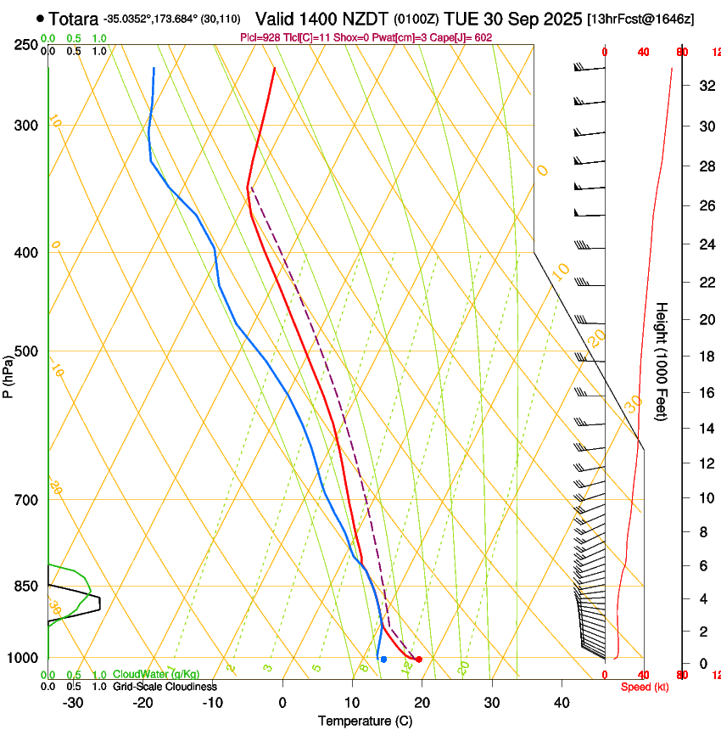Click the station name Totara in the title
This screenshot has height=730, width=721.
click(x=74, y=19)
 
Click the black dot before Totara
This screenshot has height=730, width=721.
click(x=40, y=18)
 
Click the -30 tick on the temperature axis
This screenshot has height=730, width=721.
click(x=73, y=703)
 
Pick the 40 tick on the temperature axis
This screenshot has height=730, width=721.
click(x=561, y=703)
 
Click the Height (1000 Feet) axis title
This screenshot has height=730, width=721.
click(x=662, y=361)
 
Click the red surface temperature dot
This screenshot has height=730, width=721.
click(x=419, y=660)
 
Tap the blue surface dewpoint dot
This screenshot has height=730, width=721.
click(x=383, y=660)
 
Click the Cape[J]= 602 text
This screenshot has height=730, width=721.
click(x=470, y=37)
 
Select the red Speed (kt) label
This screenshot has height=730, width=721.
click(x=645, y=687)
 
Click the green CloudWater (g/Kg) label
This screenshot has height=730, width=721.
click(x=156, y=675)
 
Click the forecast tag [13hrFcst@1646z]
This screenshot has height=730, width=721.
click(x=640, y=19)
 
